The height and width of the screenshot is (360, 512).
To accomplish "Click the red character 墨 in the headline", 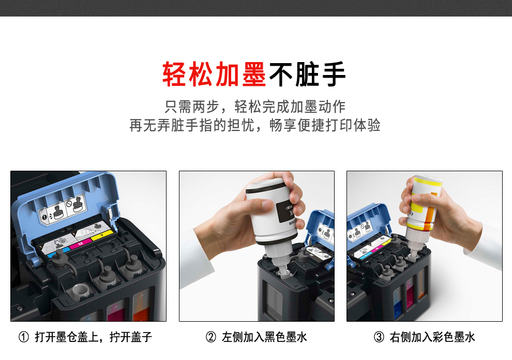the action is tap(254, 74).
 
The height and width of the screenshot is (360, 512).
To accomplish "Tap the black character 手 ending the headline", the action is tap(334, 74).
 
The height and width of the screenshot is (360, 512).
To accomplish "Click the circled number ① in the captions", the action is tap(23, 337).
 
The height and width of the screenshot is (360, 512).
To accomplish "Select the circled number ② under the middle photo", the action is tap(211, 337).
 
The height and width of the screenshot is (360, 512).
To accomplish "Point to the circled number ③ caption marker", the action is tap(379, 337).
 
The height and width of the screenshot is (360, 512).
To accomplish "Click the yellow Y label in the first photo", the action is tap(102, 235).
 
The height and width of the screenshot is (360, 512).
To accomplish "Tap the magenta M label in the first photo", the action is tap(81, 244).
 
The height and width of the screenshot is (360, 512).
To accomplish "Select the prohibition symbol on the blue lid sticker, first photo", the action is tap(69, 204).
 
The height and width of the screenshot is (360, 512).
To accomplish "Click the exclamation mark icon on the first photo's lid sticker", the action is tap(44, 217).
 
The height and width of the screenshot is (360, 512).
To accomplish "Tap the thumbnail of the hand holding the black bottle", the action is tap(257, 246).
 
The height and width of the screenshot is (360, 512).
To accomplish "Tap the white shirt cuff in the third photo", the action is tap(483, 242).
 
